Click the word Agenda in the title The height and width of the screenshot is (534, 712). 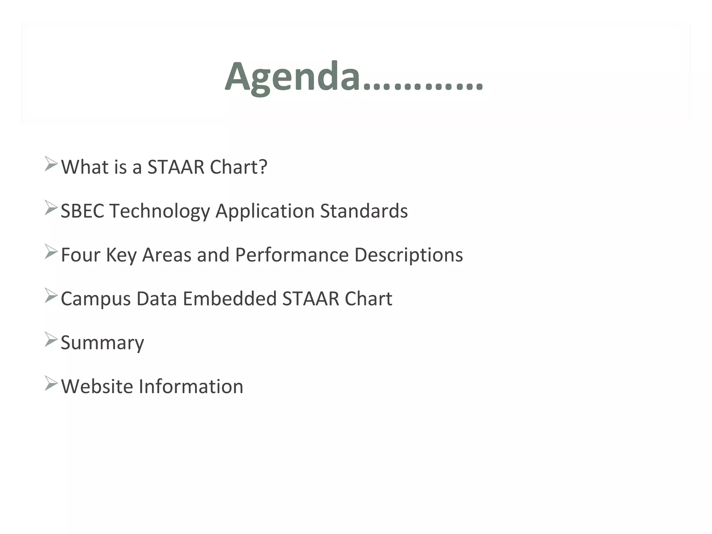(292, 77)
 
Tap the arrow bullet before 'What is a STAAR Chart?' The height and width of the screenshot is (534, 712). (51, 164)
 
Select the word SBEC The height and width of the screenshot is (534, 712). (82, 211)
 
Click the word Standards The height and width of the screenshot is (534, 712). (364, 211)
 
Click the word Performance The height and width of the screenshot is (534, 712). (292, 255)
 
